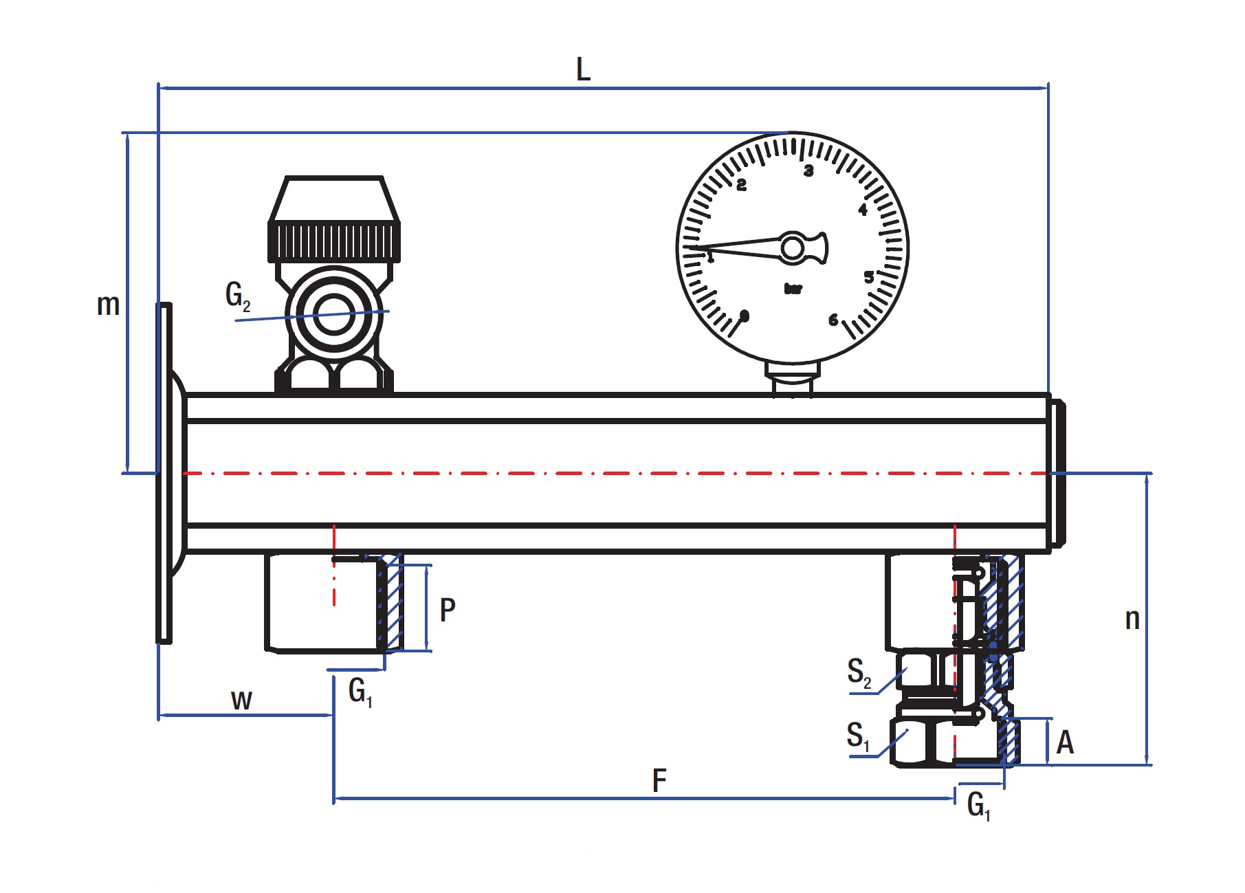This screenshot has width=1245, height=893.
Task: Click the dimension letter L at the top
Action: pos(583,69)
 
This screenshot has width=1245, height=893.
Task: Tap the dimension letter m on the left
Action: pos(108,305)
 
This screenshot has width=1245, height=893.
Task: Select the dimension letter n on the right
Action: pos(1132,619)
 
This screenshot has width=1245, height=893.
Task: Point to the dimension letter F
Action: pos(659,781)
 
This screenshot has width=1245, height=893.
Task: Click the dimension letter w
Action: pos(241,701)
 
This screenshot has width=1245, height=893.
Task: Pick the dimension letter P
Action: pos(447,610)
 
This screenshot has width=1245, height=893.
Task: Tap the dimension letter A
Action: pos(1065,742)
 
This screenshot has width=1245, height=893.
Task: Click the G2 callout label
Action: pos(238,296)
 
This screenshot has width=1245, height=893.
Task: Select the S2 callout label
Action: pos(859,672)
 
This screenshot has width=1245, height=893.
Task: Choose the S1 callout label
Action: pos(857,736)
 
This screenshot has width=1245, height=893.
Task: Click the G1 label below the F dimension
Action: pos(978,805)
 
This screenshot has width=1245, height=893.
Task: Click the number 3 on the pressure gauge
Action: pos(808,170)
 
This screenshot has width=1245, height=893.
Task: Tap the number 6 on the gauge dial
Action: pos(833,320)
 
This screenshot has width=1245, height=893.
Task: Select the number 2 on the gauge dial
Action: pos(741,186)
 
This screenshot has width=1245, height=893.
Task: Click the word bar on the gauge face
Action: pos(793,289)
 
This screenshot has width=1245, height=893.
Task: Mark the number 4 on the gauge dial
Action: pos(863,210)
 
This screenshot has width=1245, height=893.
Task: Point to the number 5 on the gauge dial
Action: pos(869,278)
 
